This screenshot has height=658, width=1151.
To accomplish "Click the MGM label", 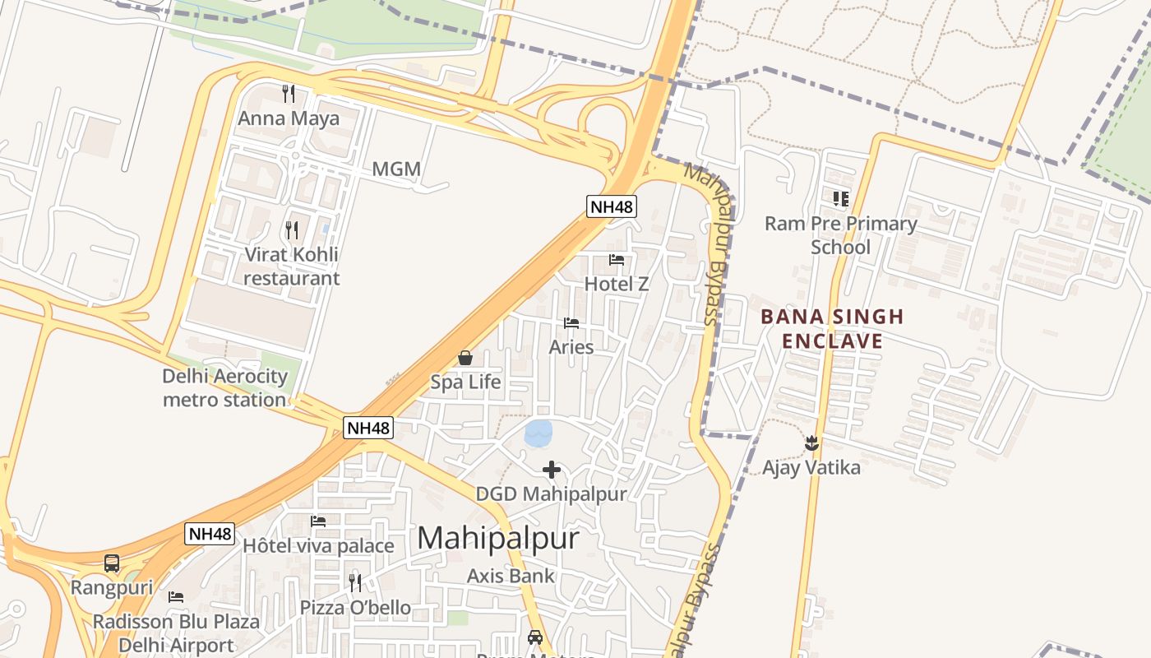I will pyautogui.click(x=396, y=169).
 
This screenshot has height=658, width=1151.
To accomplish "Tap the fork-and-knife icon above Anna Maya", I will pyautogui.click(x=288, y=93).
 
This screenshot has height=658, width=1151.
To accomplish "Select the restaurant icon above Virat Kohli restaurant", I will pyautogui.click(x=291, y=229).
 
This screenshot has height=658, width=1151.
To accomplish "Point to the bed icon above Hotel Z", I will pyautogui.click(x=617, y=260).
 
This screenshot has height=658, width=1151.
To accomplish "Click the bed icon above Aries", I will pyautogui.click(x=571, y=322).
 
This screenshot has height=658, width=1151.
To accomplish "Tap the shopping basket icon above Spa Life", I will pyautogui.click(x=465, y=358).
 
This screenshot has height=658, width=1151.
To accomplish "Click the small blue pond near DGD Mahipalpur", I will pyautogui.click(x=539, y=433).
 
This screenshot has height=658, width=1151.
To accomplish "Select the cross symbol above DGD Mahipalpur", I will pyautogui.click(x=552, y=470).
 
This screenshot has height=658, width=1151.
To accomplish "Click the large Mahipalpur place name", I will pyautogui.click(x=498, y=538).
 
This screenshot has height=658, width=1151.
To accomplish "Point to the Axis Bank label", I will pyautogui.click(x=511, y=576).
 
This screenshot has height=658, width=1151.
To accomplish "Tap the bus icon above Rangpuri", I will pyautogui.click(x=112, y=563).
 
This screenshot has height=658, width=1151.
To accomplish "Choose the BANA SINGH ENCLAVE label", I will pyautogui.click(x=832, y=329).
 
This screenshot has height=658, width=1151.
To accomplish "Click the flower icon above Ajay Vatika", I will pyautogui.click(x=811, y=443).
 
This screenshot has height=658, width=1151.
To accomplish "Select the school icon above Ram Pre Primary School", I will pyautogui.click(x=840, y=198).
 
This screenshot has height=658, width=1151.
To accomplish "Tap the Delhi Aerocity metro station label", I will pyautogui.click(x=224, y=388).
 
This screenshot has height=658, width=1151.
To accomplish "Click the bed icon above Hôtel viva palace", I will pyautogui.click(x=318, y=521).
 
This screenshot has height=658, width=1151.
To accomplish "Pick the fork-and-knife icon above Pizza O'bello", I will pyautogui.click(x=355, y=582).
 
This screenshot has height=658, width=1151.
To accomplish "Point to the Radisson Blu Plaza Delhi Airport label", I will pyautogui.click(x=176, y=633).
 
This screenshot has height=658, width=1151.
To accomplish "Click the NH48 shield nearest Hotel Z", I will pyautogui.click(x=612, y=206).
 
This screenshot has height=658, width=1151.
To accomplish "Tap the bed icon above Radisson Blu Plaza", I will pyautogui.click(x=176, y=597).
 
